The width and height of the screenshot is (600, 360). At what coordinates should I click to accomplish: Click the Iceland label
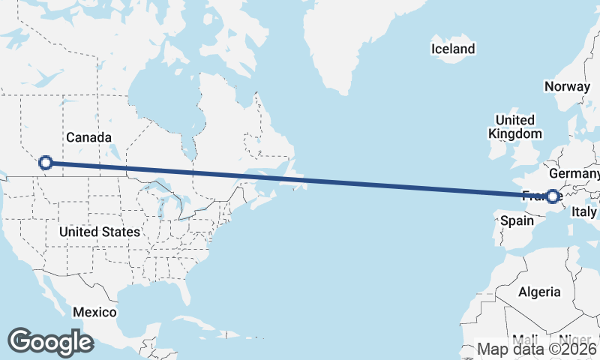[452, 49]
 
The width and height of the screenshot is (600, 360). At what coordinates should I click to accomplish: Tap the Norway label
[568, 86]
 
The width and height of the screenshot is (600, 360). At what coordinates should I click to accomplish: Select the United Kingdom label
[514, 127]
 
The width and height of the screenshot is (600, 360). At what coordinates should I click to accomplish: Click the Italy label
[584, 212]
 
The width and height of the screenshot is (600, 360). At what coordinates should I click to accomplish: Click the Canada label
[88, 137]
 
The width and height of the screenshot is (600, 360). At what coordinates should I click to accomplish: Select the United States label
[99, 232]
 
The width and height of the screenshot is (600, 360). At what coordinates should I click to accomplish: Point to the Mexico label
[94, 312]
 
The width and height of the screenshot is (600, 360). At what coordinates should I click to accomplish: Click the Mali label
[524, 339]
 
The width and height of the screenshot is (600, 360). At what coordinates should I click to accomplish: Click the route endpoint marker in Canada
[46, 162]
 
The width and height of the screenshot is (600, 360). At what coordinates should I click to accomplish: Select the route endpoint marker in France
[553, 196]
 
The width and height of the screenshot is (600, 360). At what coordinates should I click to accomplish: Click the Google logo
[50, 341]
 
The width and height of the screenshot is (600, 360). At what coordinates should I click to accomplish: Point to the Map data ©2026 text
[538, 349]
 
